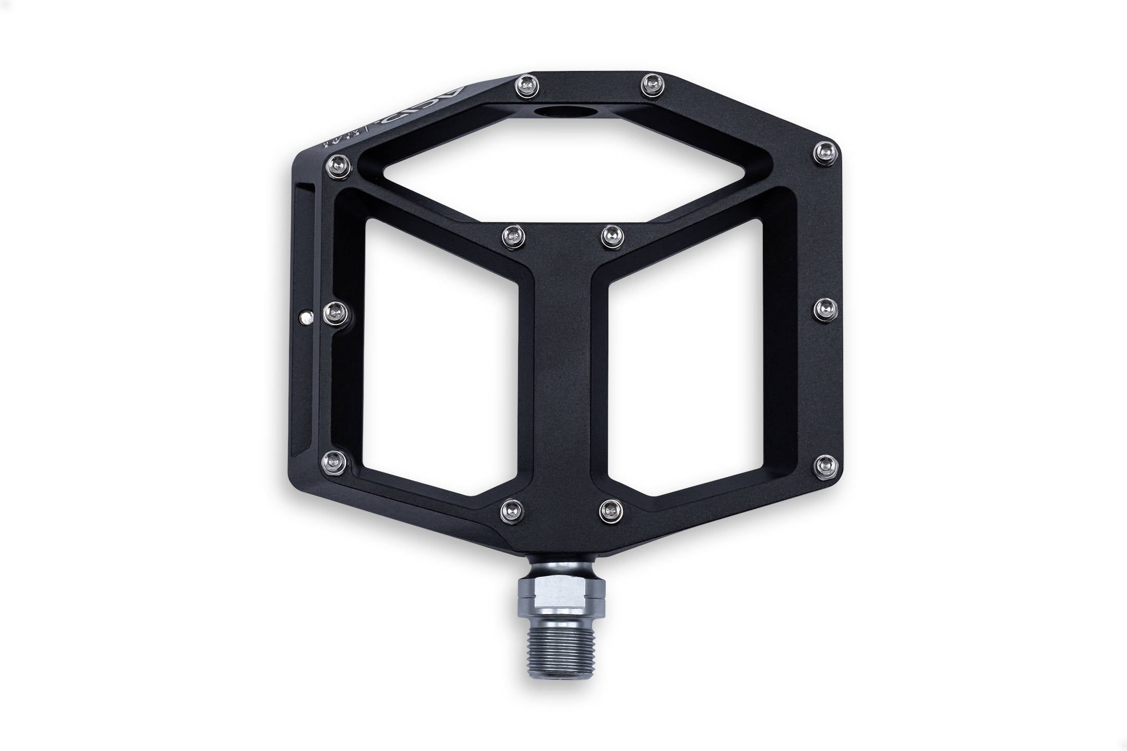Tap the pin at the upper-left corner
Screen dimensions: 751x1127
[x=337, y=166]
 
